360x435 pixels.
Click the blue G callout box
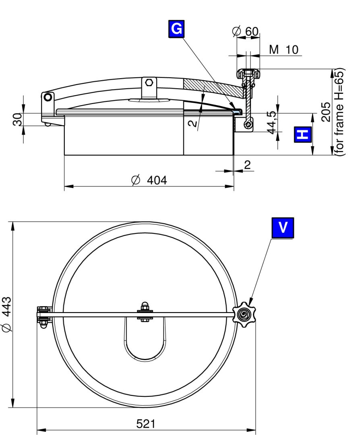(176, 29)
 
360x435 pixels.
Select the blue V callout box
(283, 228)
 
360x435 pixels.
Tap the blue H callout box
(303, 135)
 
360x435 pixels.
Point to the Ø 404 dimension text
(149, 180)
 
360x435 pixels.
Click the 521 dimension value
(146, 424)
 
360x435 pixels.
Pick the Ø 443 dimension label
(7, 314)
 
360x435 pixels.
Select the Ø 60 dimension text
(245, 31)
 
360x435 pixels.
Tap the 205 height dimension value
(326, 112)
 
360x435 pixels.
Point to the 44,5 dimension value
(273, 122)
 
